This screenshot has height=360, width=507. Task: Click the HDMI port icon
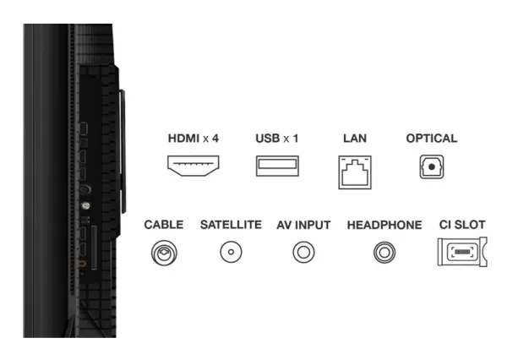193,166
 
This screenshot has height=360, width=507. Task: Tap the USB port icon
277,166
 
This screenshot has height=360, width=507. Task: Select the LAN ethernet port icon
355,172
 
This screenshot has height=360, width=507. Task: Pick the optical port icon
432,166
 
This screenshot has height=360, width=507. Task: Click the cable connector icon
164,253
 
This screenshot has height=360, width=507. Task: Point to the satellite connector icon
231,252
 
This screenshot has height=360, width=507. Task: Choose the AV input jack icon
303,252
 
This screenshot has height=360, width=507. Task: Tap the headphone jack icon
384,253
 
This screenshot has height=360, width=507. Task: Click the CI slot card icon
462,252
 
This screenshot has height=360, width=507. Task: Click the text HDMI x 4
193,139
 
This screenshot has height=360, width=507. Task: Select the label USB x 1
277,139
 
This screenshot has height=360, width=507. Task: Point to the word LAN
355,139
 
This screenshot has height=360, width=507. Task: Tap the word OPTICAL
432,139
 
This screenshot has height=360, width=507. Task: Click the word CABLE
164,225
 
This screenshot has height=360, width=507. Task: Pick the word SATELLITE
231,225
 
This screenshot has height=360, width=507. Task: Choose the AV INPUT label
303,225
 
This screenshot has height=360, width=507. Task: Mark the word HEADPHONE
384,225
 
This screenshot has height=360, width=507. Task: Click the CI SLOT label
462,225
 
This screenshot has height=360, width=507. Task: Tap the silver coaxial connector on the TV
85,205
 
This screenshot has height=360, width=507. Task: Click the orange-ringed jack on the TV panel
82,264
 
